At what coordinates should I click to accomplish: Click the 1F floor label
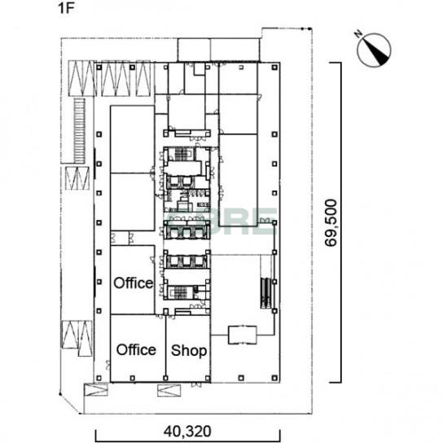(65, 8)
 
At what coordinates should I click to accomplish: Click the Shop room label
(189, 351)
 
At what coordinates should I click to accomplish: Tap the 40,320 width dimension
(187, 431)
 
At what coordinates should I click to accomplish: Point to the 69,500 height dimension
(331, 223)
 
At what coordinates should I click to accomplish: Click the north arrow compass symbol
(374, 50)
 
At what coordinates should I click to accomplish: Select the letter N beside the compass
(358, 34)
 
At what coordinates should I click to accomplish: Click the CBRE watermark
(221, 221)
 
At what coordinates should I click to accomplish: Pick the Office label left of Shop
(136, 350)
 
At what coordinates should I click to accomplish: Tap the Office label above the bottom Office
(134, 283)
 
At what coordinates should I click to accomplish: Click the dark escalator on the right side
(265, 292)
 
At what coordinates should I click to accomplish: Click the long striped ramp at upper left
(79, 130)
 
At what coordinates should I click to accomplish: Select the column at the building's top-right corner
(274, 68)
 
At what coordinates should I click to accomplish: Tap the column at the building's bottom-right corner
(274, 378)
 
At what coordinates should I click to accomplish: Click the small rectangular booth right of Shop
(243, 335)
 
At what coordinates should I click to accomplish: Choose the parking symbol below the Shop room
(169, 390)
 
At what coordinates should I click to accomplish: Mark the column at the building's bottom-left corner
(99, 378)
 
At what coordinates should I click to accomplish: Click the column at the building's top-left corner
(99, 68)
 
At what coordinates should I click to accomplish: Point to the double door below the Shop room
(196, 385)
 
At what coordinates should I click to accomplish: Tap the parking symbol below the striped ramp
(77, 178)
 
